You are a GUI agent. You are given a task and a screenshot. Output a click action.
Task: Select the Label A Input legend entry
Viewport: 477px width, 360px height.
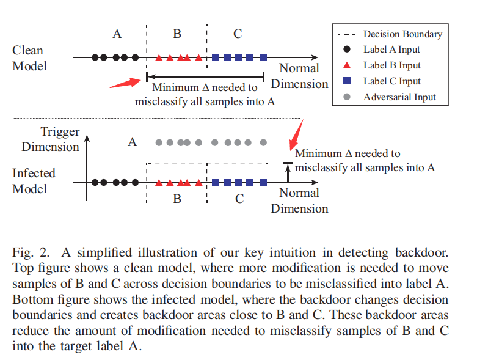click(391, 50)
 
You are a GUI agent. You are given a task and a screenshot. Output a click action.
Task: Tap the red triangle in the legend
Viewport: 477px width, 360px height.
click(346, 65)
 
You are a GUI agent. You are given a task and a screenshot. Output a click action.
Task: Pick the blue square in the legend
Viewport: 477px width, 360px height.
click(346, 81)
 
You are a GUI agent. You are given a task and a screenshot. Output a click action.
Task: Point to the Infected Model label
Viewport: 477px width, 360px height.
click(34, 181)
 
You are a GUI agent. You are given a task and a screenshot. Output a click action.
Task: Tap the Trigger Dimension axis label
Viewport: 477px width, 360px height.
click(51, 139)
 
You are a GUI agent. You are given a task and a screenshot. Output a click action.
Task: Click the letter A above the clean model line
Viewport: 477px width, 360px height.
click(117, 34)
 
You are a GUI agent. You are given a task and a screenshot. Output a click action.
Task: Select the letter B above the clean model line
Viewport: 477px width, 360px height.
click(177, 34)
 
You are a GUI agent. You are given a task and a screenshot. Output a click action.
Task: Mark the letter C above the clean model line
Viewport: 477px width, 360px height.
click(238, 34)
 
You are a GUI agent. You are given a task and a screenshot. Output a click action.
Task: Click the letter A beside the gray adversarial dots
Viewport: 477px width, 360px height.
click(132, 142)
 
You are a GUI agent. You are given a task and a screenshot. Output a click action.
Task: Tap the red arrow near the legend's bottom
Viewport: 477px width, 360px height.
click(296, 132)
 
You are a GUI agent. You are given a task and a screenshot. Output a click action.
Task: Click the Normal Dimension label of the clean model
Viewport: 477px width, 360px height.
click(299, 76)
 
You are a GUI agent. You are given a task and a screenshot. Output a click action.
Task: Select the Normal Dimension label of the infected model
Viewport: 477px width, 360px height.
click(299, 200)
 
